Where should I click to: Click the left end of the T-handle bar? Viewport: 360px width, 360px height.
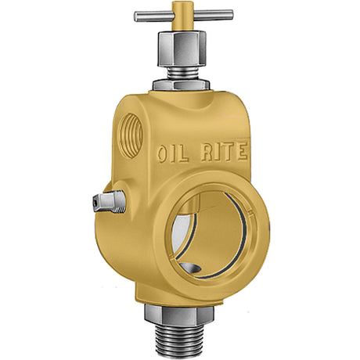[139, 15]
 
